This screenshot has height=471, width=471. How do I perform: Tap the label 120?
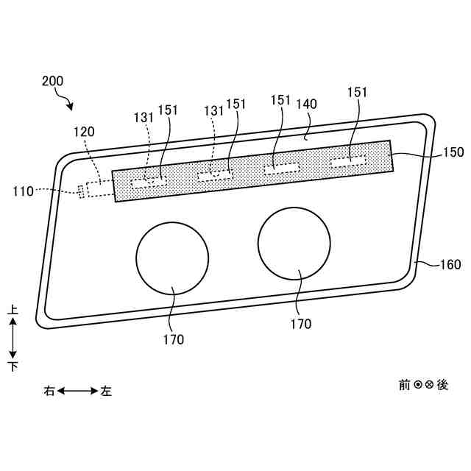click(x=84, y=132)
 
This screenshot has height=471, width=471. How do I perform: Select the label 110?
click(x=23, y=191)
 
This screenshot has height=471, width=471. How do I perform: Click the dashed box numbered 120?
click(x=96, y=188)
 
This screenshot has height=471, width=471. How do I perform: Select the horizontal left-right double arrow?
click(x=78, y=391)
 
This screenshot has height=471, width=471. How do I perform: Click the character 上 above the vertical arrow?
click(x=13, y=311)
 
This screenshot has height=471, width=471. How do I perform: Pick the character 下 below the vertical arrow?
click(x=13, y=366)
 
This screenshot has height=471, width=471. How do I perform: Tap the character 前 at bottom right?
click(x=404, y=384)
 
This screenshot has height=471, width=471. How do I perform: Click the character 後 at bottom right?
click(x=442, y=384)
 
